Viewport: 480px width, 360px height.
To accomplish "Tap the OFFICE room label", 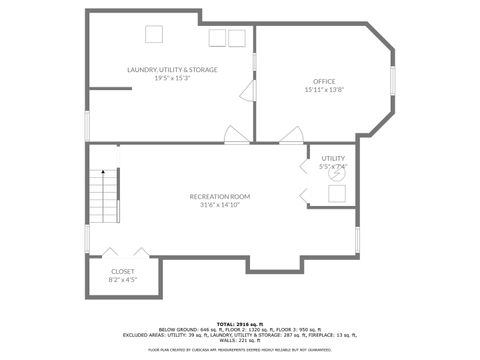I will pos(324,81).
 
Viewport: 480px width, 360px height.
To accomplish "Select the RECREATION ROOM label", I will pos(220,196).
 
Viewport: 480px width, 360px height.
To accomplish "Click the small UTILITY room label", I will pos(333,158).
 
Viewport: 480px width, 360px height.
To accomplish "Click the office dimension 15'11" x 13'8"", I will pos(324,90).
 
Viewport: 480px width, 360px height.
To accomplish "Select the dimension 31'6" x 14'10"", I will pos(220,205).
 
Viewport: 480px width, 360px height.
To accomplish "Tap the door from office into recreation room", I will pos(291,135).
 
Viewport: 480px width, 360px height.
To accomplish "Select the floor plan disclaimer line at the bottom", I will pos(240,350).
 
